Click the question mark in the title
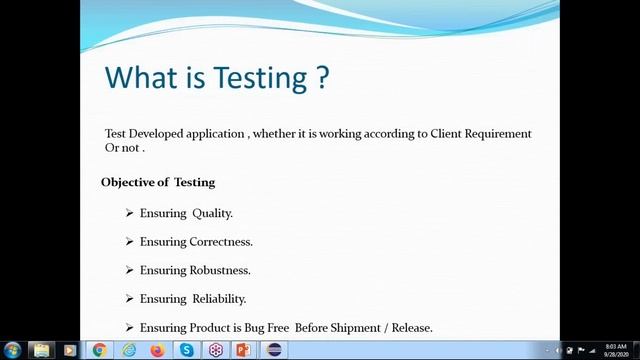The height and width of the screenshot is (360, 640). tap(321, 77)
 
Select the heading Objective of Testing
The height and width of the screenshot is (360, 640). tap(158, 182)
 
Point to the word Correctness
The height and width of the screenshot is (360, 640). tap(221, 241)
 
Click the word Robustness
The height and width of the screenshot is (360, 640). tap(220, 270)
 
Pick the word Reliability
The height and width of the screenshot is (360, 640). tap(219, 298)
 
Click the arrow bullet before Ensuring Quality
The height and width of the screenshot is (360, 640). tap(129, 213)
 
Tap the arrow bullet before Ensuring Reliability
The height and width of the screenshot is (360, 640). tap(129, 298)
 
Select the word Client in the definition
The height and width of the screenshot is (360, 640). tap(446, 134)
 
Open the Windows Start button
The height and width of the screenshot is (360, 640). tap(12, 350)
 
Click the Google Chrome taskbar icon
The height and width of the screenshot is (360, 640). tap(99, 350)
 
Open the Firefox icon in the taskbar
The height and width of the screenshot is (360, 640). tap(157, 350)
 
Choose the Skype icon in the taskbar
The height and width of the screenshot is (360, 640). tap(186, 350)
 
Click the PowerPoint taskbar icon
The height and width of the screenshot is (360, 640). tap(243, 350)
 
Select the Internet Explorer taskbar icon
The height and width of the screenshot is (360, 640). tap(128, 350)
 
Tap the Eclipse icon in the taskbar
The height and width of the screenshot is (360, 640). tap(273, 350)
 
